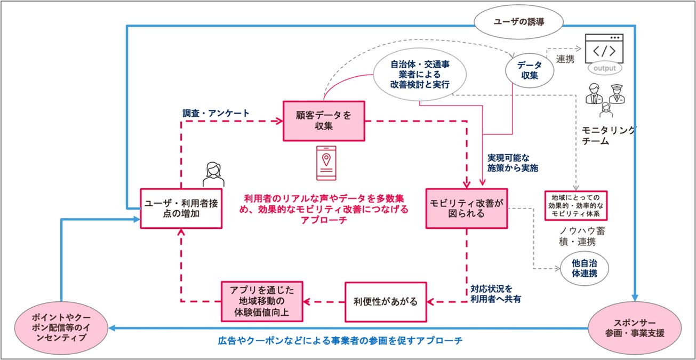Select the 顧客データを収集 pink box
tap(324, 121)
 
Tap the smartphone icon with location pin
tap(326, 163)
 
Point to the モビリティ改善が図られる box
tap(466, 208)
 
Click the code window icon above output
tap(604, 49)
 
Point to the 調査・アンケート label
tap(215, 113)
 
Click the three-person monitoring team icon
tap(603, 99)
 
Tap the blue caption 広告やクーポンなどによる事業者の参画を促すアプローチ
tap(340, 340)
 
